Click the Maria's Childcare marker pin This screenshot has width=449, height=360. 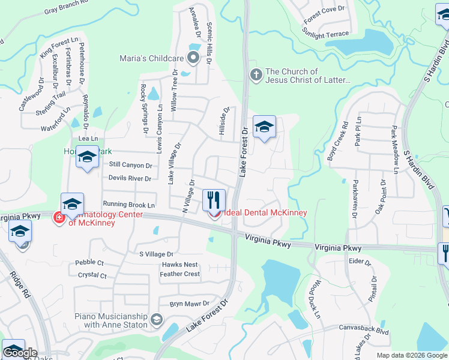tap(193, 58)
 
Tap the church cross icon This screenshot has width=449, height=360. tap(256, 75)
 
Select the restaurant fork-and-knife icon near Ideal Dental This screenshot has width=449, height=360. tap(214, 198)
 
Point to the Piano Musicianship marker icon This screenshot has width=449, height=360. tap(157, 319)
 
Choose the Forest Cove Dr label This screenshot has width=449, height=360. tap(325, 15)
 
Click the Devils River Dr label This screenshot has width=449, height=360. tap(130, 178)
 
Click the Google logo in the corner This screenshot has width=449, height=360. tap(20, 353)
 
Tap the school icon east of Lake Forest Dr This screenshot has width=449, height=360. tap(264, 127)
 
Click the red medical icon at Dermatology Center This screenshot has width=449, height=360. tap(59, 217)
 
